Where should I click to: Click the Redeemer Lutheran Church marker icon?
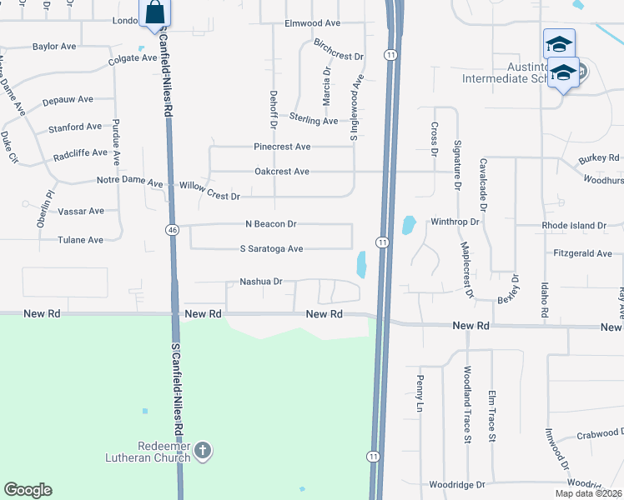coord(202,452)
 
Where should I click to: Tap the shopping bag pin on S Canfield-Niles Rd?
coord(155,14)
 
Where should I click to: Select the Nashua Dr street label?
coord(262,282)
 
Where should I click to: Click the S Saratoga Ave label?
coord(271,249)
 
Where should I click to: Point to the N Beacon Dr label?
coord(271,224)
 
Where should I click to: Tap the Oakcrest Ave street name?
coord(282,172)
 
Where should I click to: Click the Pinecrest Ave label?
coord(282,147)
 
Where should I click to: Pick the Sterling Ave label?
coord(314,121)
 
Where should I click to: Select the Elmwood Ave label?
coord(313,23)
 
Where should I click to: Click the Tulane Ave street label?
coord(81,240)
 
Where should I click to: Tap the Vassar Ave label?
coord(81,212)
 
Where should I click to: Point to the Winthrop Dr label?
coord(455,222)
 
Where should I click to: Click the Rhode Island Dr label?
coord(573,226)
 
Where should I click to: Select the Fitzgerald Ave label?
coord(582,253)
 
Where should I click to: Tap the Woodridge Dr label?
coord(456,485)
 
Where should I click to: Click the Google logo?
coord(28,490)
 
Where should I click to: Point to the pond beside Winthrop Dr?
coord(408,225)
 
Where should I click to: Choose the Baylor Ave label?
coord(54,47)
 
